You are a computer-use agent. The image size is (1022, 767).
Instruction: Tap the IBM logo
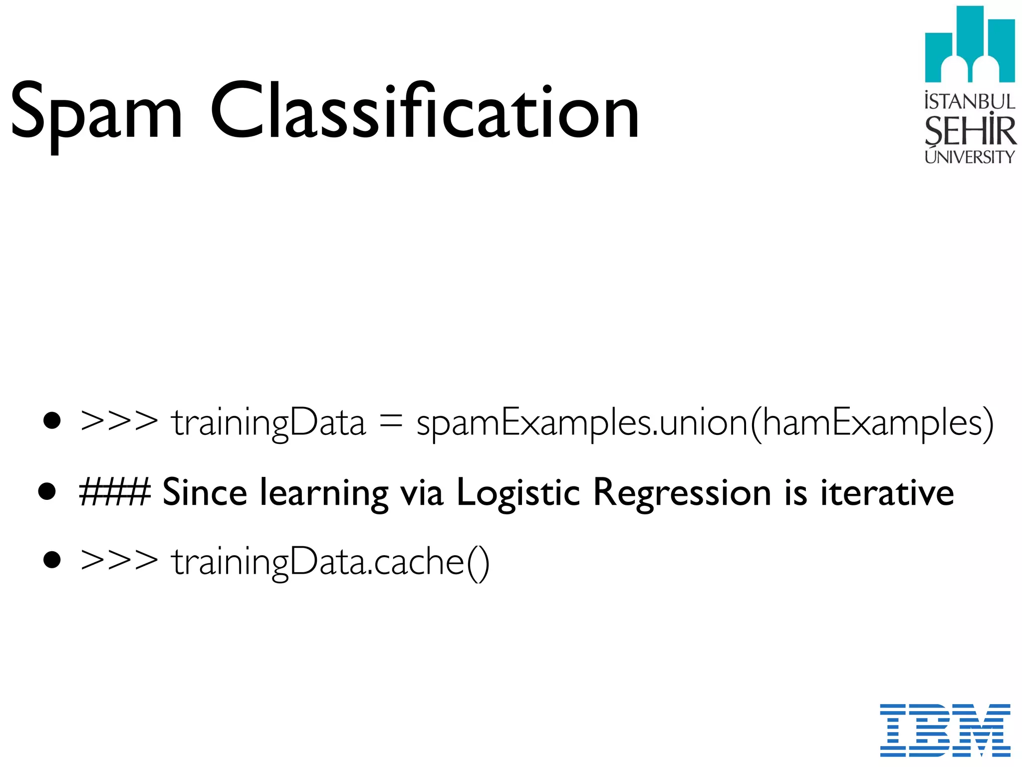tap(945, 730)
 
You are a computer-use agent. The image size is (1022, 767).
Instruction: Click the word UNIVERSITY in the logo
tap(969, 157)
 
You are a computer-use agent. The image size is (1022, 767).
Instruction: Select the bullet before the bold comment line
tap(47, 491)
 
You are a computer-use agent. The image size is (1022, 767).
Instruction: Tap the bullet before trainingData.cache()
tap(52, 560)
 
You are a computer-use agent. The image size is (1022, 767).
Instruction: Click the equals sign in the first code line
tap(390, 422)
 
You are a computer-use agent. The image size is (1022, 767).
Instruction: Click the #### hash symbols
tap(115, 492)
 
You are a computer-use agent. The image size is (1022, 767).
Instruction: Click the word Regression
tap(682, 493)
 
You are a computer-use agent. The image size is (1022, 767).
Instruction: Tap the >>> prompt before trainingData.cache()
tap(119, 561)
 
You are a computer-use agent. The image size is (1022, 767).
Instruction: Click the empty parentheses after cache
tap(478, 563)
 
